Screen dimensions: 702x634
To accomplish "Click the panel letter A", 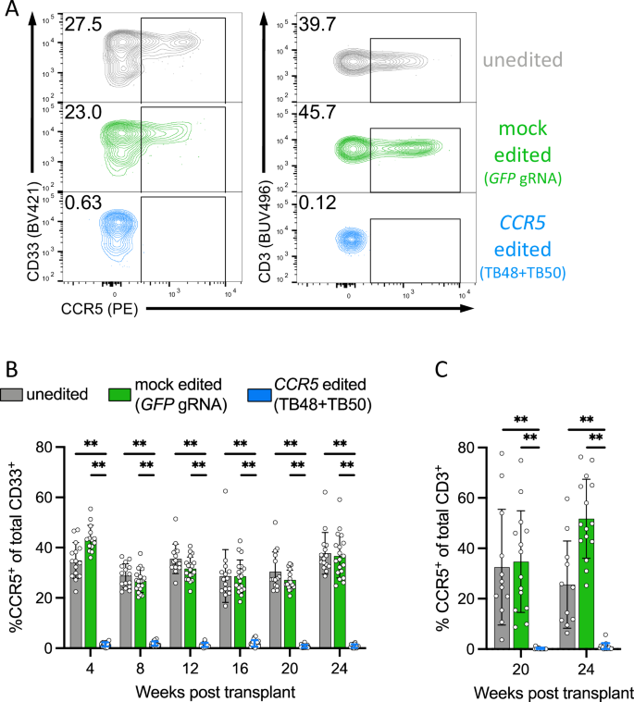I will pos(13,12).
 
